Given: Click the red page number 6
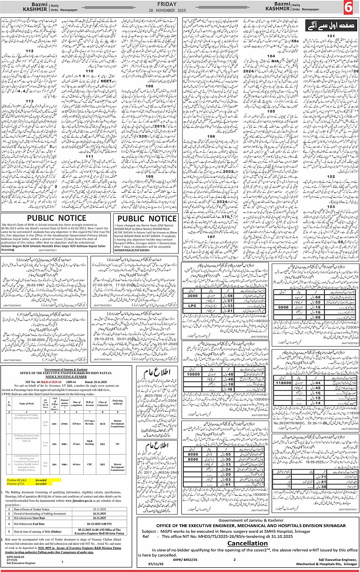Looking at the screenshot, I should click(x=348, y=8).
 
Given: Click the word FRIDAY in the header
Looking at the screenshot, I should click(x=180, y=4).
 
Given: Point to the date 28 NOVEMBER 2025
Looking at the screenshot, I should click(x=180, y=10).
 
